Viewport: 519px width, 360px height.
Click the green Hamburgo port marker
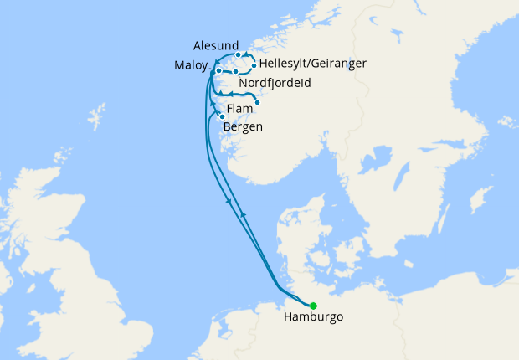point(313,306)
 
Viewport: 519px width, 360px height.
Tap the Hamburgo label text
point(313,318)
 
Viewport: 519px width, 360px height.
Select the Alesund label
point(216,45)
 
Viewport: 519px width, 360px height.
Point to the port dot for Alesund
point(239,55)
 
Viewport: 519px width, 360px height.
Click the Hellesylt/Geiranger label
point(313,64)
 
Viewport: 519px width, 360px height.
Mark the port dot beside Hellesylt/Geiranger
point(254,64)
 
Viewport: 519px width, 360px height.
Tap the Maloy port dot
point(218,71)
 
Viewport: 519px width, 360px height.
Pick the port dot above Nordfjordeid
point(236,73)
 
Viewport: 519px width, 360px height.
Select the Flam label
point(239,109)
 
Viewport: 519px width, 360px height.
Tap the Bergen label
point(244,127)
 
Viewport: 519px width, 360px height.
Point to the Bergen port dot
point(223,116)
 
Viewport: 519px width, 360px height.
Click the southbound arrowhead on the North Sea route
point(229,203)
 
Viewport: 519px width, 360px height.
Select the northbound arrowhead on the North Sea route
point(243,215)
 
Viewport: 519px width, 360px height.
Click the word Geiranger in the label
point(338,64)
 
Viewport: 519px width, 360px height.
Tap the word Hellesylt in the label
point(283,64)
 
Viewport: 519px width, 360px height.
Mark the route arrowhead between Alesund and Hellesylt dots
point(247,55)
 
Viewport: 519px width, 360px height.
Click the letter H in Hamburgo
point(289,318)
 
